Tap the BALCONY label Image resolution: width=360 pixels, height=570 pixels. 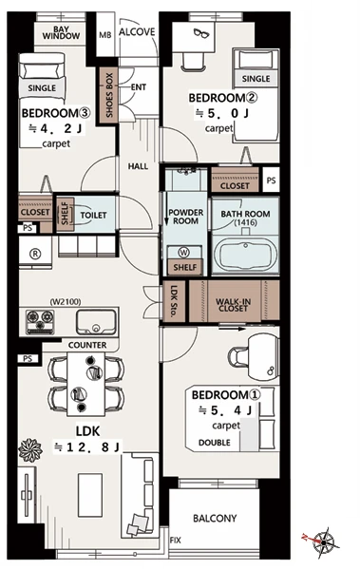(215, 518)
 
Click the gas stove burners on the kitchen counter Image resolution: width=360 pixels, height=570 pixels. (40, 321)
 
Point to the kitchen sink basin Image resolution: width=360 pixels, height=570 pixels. (96, 321)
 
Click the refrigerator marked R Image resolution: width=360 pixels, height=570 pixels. (35, 254)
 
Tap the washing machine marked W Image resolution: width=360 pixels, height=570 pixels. (184, 253)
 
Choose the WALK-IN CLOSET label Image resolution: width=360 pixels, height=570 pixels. (233, 305)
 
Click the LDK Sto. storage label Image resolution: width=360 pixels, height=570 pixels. (174, 300)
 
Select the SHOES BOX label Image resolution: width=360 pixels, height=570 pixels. (109, 95)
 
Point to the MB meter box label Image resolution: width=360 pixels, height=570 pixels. (105, 35)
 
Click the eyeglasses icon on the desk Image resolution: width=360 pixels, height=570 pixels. (201, 33)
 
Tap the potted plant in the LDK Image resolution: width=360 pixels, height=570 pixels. (30, 450)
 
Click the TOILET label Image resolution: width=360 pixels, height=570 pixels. (93, 216)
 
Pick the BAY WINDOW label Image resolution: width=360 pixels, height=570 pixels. (61, 32)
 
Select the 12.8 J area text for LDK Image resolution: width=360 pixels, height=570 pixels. (87, 446)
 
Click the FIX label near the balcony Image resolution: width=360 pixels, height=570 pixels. (176, 541)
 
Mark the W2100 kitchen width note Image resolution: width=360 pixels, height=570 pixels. (66, 302)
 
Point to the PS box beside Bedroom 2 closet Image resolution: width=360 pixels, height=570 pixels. (271, 180)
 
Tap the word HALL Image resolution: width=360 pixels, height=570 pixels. (138, 166)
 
